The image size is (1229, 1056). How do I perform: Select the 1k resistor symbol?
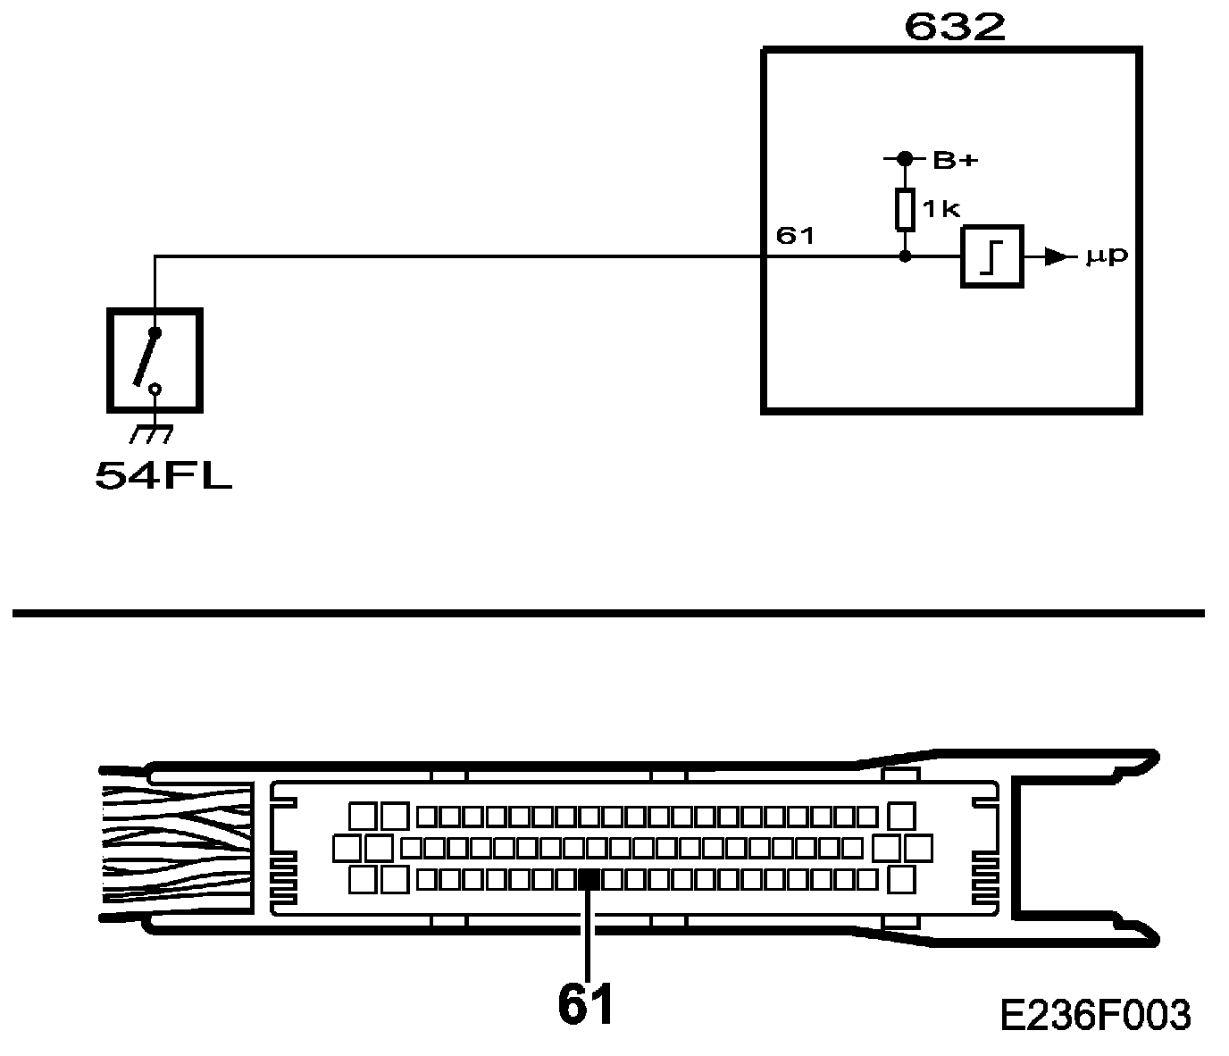(x=905, y=207)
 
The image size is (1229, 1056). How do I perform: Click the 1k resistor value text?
(x=940, y=209)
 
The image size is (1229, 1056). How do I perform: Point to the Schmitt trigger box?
(x=991, y=257)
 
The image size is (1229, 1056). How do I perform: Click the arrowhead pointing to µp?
(x=1058, y=257)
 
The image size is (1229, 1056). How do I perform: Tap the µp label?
(x=1107, y=257)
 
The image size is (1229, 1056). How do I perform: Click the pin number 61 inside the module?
(x=795, y=236)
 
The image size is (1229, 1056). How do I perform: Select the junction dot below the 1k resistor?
(x=905, y=256)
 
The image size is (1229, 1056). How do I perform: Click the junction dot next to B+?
(x=905, y=159)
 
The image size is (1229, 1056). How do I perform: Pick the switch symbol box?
(x=155, y=360)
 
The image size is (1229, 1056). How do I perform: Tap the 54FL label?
(x=163, y=475)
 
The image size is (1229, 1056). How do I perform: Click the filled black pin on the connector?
(x=589, y=879)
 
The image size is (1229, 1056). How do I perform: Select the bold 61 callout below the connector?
(x=587, y=1004)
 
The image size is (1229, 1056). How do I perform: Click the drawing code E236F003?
(x=1095, y=1015)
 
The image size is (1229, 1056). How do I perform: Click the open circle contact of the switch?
(x=155, y=390)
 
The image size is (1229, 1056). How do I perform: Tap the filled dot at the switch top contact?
(x=155, y=333)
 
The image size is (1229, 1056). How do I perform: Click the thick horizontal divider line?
(x=607, y=613)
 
